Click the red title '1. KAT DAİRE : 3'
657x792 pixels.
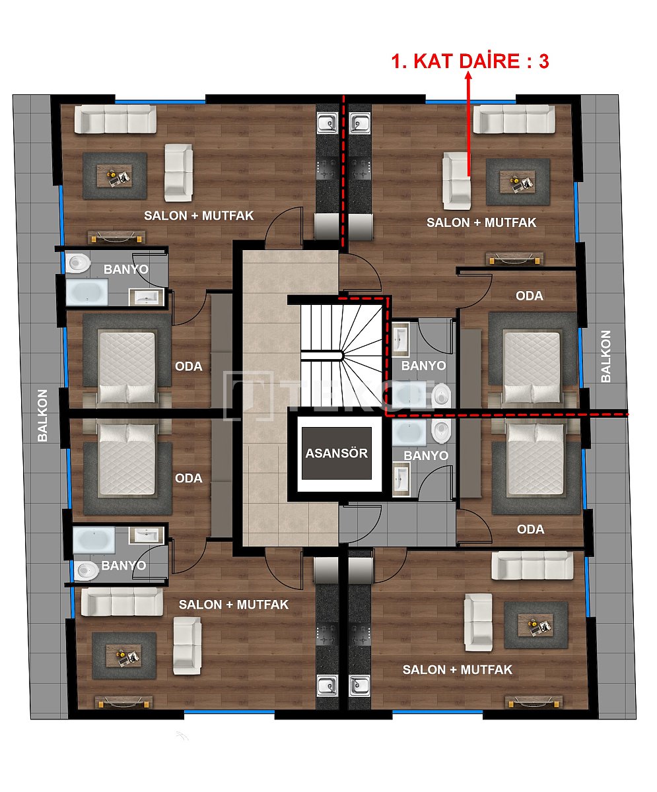coord(470,61)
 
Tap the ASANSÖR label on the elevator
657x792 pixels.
coord(336,453)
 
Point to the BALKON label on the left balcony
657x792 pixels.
coord(43,415)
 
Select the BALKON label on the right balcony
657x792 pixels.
coord(606,356)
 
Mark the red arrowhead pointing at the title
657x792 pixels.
coord(469,77)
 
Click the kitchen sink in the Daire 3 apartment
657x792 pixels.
coord(360,123)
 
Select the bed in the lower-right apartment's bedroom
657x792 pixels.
coord(535,459)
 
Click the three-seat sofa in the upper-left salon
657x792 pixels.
coord(115,121)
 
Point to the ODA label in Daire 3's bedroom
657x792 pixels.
coord(529,296)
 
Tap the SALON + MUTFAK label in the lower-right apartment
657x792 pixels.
coord(457,669)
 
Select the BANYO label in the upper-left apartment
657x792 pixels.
coord(125,269)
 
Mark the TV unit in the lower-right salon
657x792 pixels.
coord(533,701)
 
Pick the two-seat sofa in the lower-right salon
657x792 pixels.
coord(478,622)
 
